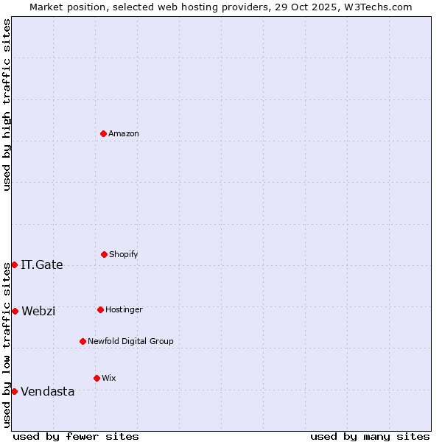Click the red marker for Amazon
[x=104, y=133]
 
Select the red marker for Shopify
[x=104, y=254]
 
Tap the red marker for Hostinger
[x=100, y=309]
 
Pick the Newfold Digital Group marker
[x=83, y=341]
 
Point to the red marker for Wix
[x=97, y=378]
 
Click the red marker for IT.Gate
[x=14, y=264]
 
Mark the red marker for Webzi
[x=15, y=311]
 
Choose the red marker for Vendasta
[x=14, y=391]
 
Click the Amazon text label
[x=124, y=133]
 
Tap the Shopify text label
[x=124, y=254]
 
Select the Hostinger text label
[x=124, y=309]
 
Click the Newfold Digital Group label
[x=130, y=341]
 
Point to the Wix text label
[x=109, y=378]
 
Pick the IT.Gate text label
[x=42, y=265]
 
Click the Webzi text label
[x=38, y=311]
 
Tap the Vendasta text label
[x=48, y=392]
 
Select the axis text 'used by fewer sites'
[x=76, y=436]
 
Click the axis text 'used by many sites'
[x=370, y=436]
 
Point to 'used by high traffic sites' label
[x=7, y=105]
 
